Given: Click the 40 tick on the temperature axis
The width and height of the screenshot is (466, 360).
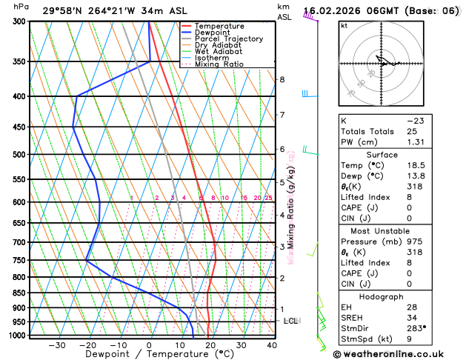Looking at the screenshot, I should click(272, 345).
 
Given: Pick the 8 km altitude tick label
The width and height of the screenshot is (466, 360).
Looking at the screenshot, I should click(282, 80).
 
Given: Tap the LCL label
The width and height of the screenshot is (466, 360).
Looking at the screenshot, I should click(290, 321).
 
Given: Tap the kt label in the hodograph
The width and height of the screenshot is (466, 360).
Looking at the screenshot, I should click(344, 25).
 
